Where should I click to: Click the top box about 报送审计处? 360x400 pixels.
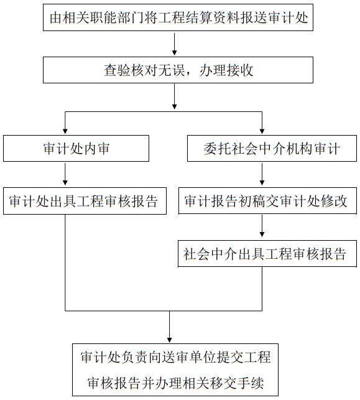[x=178, y=17]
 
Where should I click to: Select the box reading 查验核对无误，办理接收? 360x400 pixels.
[x=178, y=70]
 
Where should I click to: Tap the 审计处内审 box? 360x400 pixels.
[x=76, y=148]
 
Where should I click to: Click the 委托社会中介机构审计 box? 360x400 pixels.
[x=272, y=148]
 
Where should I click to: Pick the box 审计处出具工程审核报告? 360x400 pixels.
[x=85, y=201]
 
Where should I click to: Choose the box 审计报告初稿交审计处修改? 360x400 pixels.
[x=267, y=201]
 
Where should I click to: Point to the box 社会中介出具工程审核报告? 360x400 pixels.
[x=267, y=254]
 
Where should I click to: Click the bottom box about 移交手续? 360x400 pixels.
[x=175, y=370]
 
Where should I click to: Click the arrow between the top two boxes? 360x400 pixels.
[x=174, y=44]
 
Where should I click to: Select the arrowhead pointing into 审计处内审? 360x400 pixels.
[x=65, y=131]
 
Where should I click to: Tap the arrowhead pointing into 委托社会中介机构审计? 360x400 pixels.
[x=262, y=131]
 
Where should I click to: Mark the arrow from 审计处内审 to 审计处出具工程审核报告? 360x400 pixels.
[x=65, y=174]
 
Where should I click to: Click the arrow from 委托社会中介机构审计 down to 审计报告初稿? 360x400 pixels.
[x=262, y=174]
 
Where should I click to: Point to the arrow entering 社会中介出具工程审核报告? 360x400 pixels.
[x=262, y=226]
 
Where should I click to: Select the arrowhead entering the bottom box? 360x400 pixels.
[x=169, y=340]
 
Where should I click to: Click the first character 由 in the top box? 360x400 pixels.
[x=56, y=17]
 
